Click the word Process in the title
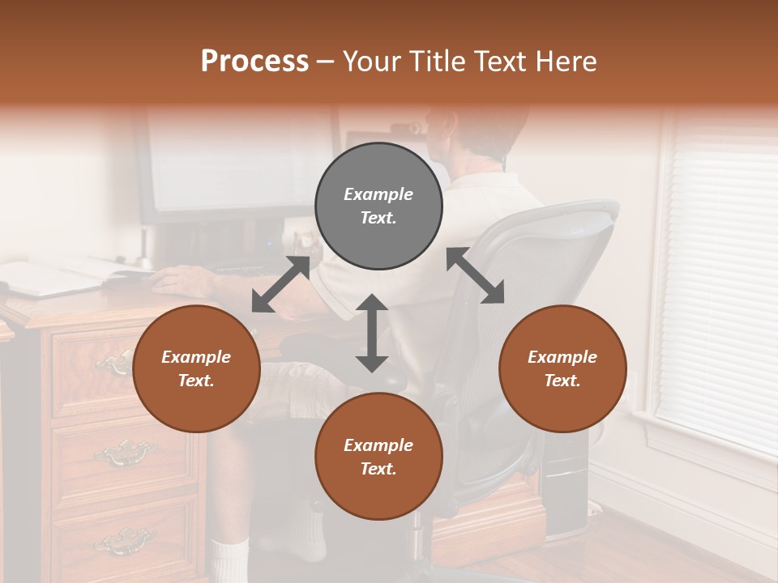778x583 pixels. pos(254,62)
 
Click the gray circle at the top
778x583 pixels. pos(378,206)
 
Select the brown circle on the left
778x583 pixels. pos(196,369)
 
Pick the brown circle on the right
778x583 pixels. pos(562,369)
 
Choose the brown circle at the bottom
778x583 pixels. pos(378,457)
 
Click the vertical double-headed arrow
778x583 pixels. pos(372,333)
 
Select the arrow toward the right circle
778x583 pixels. pos(476,275)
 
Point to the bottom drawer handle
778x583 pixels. pos(124,540)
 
